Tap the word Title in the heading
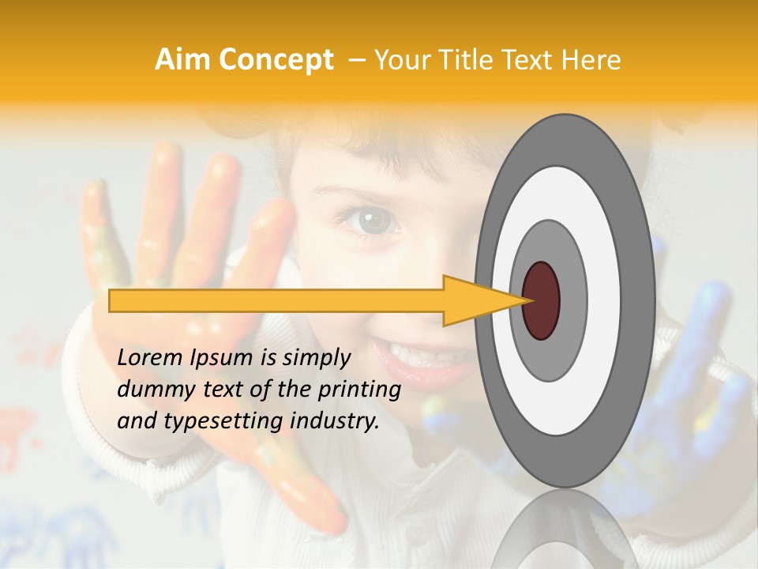pos(478,59)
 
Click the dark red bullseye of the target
pos(541,300)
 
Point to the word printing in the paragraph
pos(359,390)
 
